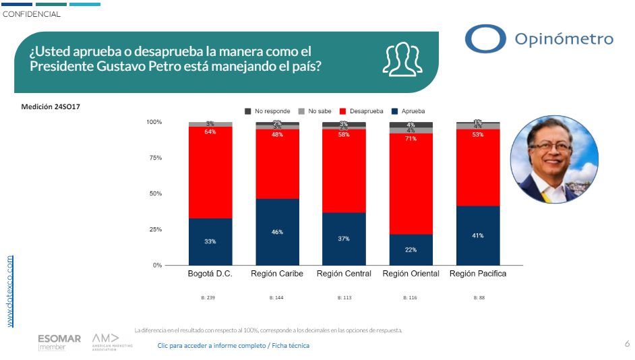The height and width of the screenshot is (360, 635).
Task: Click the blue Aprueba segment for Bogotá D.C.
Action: tap(210, 241)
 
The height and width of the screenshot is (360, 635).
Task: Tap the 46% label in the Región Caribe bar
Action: tap(277, 232)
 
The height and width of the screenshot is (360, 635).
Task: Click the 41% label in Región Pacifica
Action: tap(477, 235)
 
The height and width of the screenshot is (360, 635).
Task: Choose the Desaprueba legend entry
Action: tap(361, 111)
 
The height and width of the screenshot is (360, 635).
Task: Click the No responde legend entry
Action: tap(268, 111)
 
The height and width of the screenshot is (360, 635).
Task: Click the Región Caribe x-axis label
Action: tap(277, 274)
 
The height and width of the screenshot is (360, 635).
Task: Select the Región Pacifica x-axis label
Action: tap(477, 274)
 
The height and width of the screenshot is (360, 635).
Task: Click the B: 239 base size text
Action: tap(210, 297)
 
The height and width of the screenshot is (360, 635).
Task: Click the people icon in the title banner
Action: tap(401, 59)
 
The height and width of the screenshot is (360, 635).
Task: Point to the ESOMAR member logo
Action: tap(59, 342)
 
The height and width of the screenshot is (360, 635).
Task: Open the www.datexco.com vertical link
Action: tap(10, 291)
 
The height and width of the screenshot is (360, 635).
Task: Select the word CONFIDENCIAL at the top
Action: tap(32, 14)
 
